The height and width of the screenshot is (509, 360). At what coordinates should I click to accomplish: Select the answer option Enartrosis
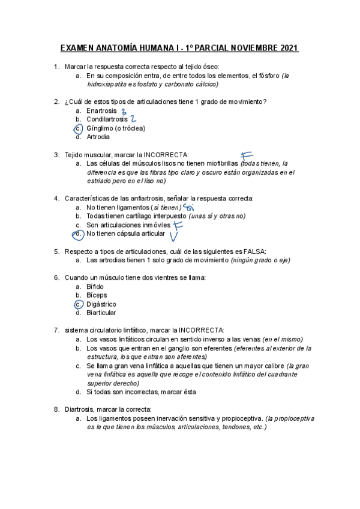101,111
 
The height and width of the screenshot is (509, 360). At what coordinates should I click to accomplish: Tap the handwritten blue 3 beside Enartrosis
124,111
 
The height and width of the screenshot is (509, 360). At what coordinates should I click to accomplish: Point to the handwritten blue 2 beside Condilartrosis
133,119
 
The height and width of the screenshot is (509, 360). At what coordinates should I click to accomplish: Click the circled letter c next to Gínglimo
78,128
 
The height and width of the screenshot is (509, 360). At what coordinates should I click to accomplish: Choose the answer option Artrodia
98,137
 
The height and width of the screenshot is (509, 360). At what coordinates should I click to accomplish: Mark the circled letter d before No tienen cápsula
78,233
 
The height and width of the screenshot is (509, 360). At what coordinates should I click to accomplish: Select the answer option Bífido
95,286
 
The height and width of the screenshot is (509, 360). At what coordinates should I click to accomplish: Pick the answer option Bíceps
97,295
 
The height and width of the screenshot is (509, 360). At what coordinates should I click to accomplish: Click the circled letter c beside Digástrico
78,304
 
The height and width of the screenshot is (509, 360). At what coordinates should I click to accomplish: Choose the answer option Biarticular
101,313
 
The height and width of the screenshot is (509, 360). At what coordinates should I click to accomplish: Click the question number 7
56,330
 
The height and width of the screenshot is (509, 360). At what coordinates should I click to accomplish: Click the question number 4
56,198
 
